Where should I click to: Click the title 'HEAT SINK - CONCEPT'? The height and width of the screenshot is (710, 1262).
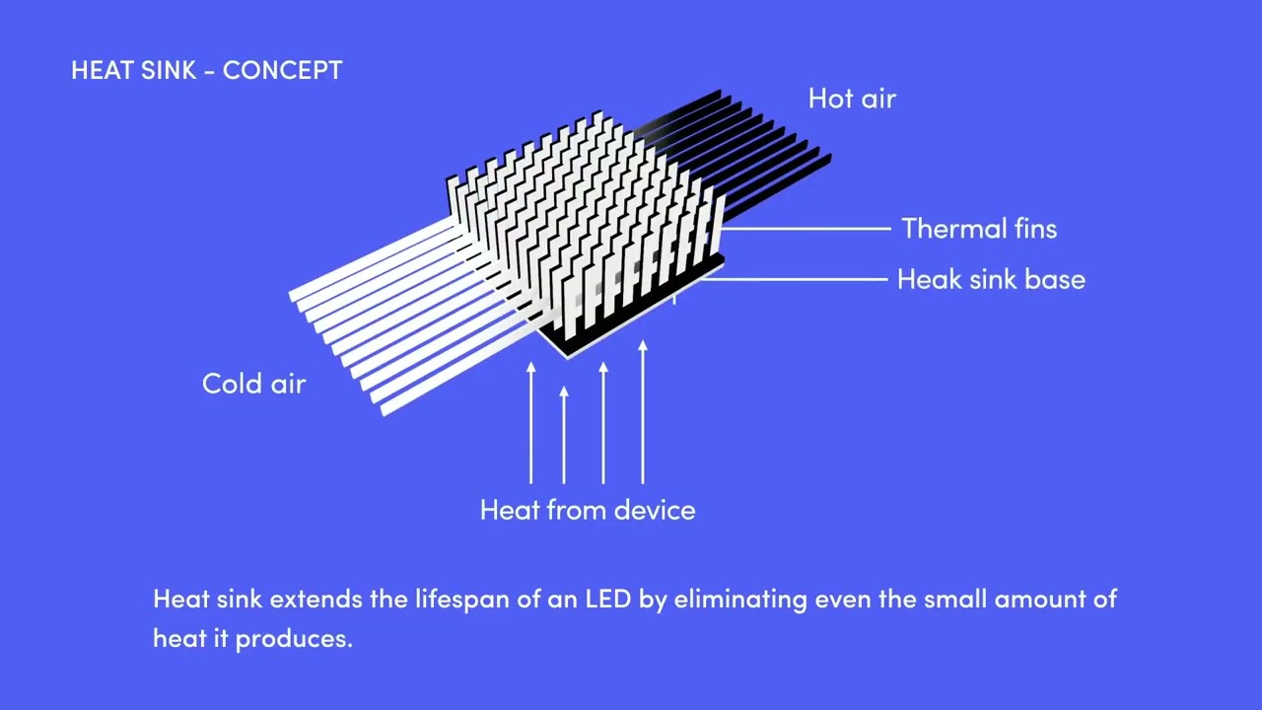point(207,71)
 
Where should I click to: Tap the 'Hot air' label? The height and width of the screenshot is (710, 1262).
point(852,99)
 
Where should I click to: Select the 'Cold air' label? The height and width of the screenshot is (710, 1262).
point(253,384)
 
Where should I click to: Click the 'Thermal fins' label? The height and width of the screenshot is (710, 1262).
point(979,229)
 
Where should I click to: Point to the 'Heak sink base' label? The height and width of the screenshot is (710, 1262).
point(991,280)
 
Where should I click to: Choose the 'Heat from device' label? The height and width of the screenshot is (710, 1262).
point(588,510)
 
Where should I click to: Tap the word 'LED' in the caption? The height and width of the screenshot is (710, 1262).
point(607,599)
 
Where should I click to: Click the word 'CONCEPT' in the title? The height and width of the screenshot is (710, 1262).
point(282,71)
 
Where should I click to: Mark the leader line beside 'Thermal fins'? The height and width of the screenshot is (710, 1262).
point(808,228)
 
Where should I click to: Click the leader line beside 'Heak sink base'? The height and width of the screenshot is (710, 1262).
point(799,280)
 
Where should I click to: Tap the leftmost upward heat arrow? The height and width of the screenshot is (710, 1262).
point(531,424)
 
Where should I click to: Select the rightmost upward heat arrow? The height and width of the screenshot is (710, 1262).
point(643,414)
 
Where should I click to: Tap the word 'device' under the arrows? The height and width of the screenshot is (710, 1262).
point(655,510)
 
